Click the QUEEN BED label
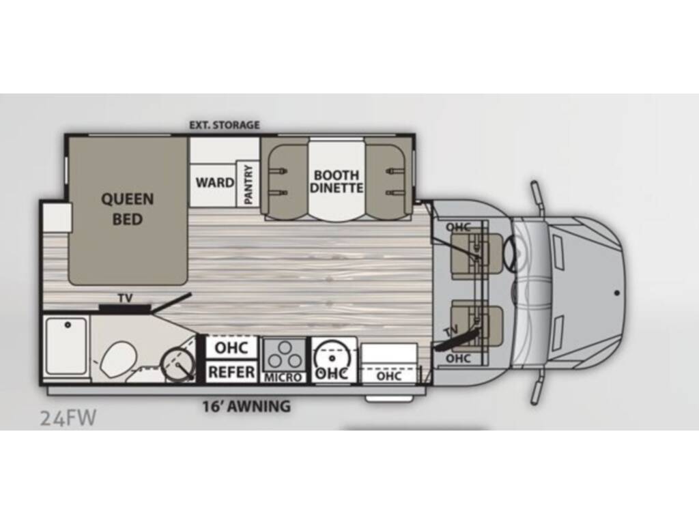(128, 209)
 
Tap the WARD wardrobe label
(214, 183)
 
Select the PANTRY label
(248, 182)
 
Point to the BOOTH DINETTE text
(337, 181)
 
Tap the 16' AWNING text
(246, 407)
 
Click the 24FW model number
(68, 418)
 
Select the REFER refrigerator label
(232, 373)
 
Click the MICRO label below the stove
(283, 377)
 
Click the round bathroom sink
(178, 364)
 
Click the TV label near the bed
(125, 298)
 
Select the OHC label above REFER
(231, 347)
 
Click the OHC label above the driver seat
(458, 227)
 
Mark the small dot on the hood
(616, 292)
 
